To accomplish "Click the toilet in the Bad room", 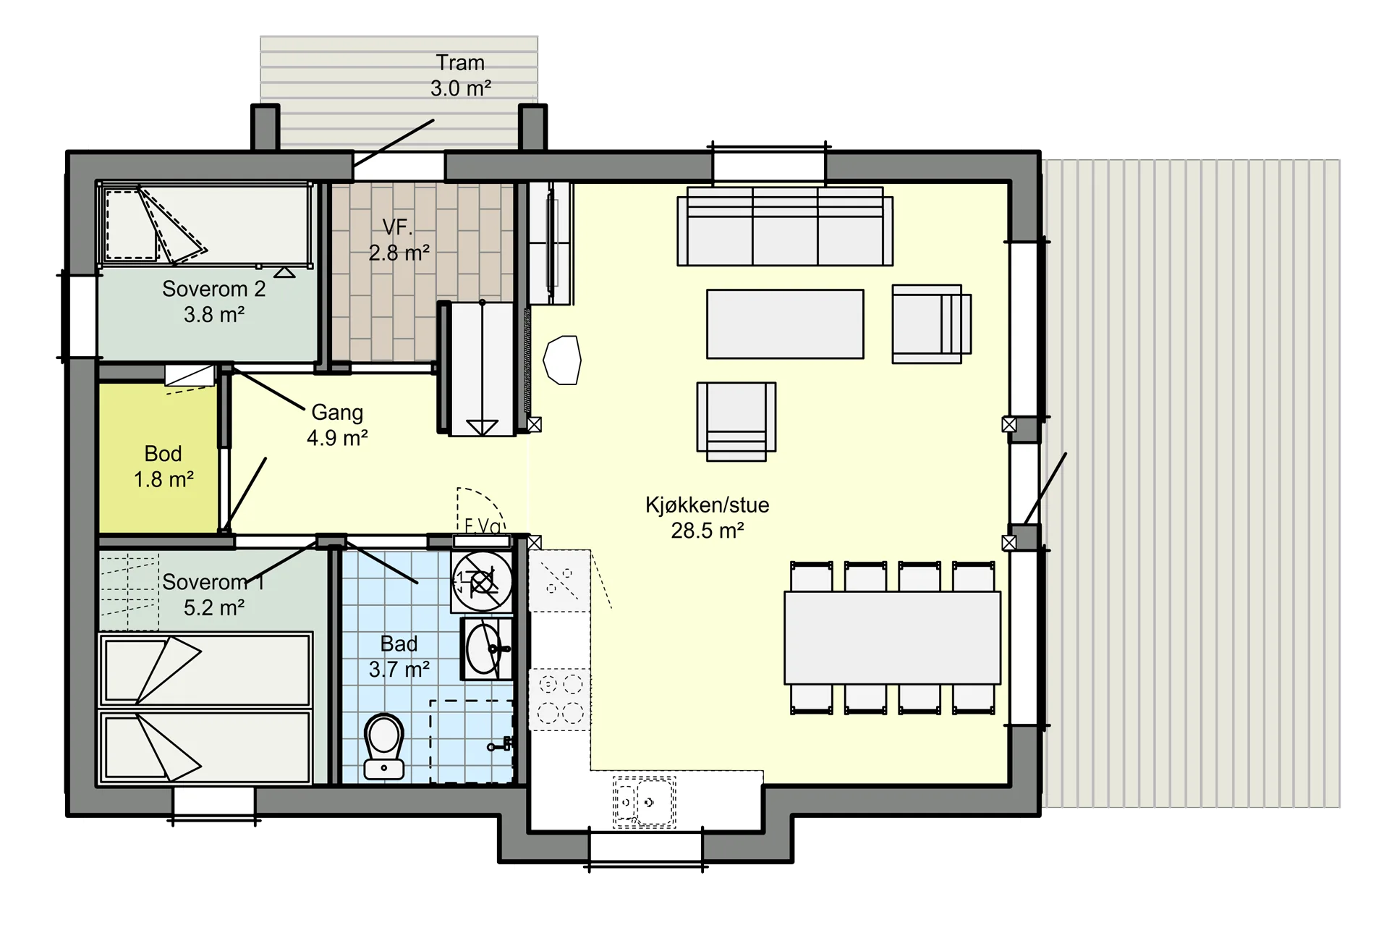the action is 384,746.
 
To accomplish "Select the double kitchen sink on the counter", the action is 644,802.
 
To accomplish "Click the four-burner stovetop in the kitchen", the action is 560,699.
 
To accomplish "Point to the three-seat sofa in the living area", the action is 785,227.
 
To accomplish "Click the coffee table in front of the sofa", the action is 785,324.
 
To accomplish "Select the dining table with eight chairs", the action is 893,638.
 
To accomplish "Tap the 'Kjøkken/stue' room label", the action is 707,505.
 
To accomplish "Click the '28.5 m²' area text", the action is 707,531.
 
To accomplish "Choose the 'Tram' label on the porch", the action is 460,63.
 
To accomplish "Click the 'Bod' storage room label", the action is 163,454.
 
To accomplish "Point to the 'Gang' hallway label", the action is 337,413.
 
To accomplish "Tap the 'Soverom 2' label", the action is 213,289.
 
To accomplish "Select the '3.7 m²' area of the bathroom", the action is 399,670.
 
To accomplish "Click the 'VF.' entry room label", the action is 397,227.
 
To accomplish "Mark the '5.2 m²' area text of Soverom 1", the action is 213,607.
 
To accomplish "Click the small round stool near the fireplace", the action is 562,360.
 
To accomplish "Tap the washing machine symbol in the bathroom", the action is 482,581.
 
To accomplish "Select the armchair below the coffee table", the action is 736,421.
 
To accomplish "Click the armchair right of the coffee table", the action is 931,324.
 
